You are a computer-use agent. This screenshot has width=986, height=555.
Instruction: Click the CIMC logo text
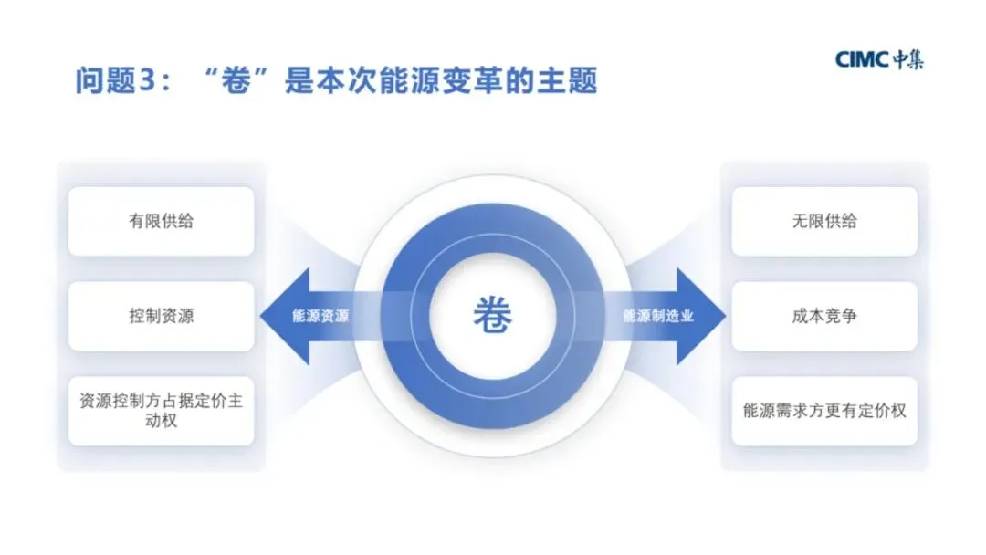(x=862, y=60)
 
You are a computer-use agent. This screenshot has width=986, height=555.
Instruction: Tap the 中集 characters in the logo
(x=907, y=60)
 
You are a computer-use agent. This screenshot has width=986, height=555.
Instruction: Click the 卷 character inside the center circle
(x=493, y=317)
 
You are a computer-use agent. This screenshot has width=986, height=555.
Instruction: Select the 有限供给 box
(x=161, y=222)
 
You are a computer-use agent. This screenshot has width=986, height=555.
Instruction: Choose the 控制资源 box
(x=161, y=317)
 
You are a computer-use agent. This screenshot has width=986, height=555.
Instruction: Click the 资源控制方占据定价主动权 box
(x=161, y=411)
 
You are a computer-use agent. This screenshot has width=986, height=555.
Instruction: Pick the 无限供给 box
(x=824, y=222)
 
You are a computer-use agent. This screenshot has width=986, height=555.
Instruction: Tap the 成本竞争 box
(x=824, y=317)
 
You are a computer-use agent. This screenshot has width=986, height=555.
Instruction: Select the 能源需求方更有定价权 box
(x=824, y=411)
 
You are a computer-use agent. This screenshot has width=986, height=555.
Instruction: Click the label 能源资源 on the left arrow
(x=320, y=317)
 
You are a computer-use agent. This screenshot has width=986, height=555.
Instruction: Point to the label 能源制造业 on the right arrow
(x=658, y=317)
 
